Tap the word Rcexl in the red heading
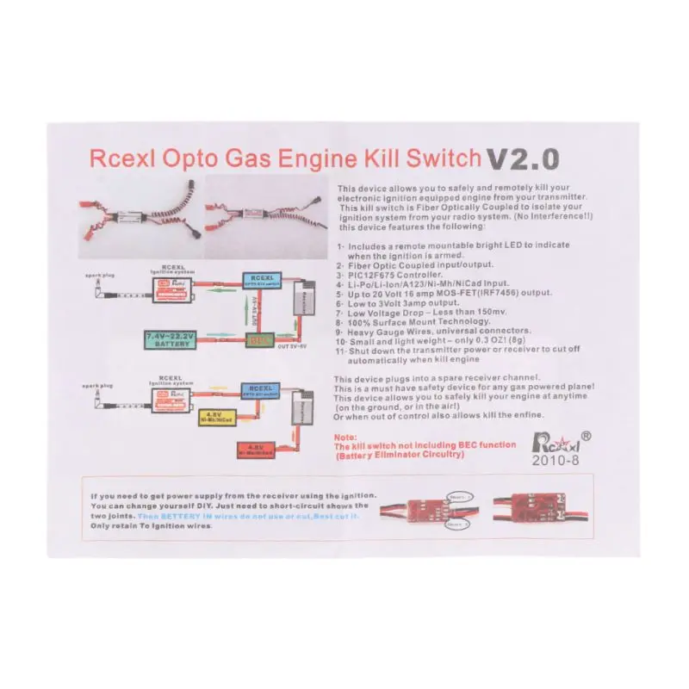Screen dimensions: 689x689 [120, 160]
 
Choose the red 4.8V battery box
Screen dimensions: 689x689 [254, 450]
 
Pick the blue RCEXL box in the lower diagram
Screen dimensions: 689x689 [259, 390]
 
